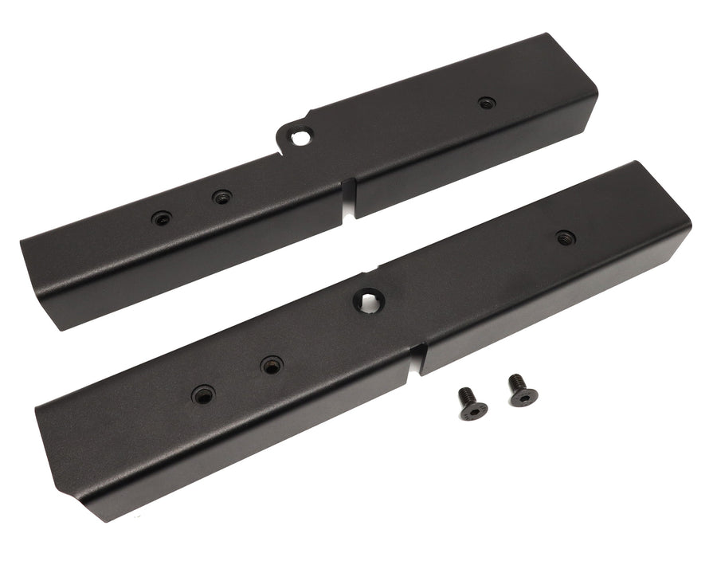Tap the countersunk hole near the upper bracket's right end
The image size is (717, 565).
(x=486, y=102)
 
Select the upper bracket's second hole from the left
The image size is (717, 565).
(x=221, y=196)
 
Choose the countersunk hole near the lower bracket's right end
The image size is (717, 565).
(x=565, y=237)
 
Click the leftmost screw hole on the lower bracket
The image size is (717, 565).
(x=203, y=394)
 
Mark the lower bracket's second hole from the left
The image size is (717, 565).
(x=272, y=366)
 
